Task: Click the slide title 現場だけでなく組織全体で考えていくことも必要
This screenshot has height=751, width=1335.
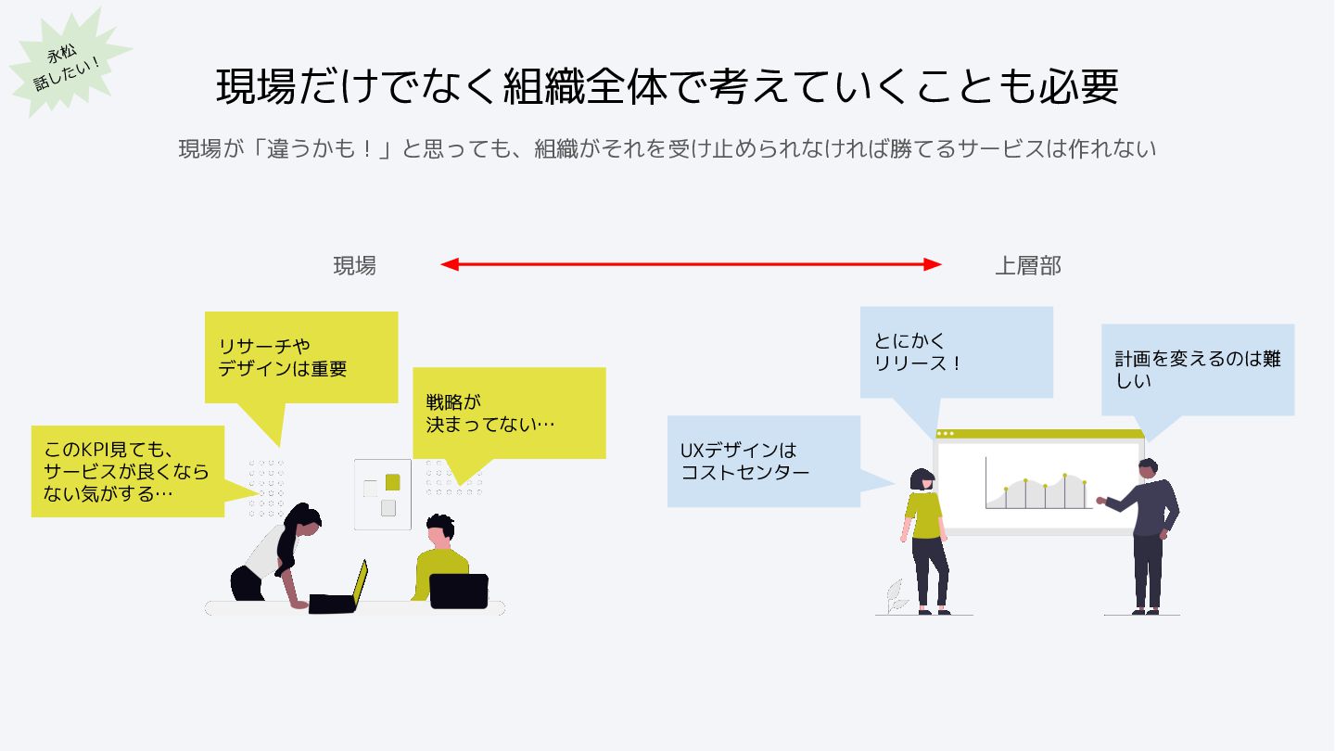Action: (667, 86)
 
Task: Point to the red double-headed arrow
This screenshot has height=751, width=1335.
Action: (691, 264)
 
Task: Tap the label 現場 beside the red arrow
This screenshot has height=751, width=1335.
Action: (355, 266)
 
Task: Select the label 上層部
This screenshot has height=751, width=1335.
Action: (1027, 266)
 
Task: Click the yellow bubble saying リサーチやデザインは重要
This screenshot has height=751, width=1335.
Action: (301, 358)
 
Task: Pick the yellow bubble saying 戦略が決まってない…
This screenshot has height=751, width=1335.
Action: (509, 413)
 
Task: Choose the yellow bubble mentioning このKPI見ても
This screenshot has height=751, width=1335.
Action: (128, 471)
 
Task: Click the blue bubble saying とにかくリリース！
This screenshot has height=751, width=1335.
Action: (956, 352)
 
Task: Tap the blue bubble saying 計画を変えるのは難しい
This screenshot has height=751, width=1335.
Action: (1197, 369)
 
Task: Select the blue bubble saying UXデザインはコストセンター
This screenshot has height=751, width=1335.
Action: (764, 461)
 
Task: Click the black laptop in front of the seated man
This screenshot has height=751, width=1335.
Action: (459, 591)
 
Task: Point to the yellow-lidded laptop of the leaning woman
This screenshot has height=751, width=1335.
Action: (358, 582)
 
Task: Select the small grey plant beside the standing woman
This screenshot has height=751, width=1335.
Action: (896, 595)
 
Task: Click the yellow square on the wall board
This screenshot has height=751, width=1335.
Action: (392, 482)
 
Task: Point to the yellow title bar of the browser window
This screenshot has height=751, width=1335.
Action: (1038, 434)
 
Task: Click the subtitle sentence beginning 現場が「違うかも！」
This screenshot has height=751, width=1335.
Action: (667, 148)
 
